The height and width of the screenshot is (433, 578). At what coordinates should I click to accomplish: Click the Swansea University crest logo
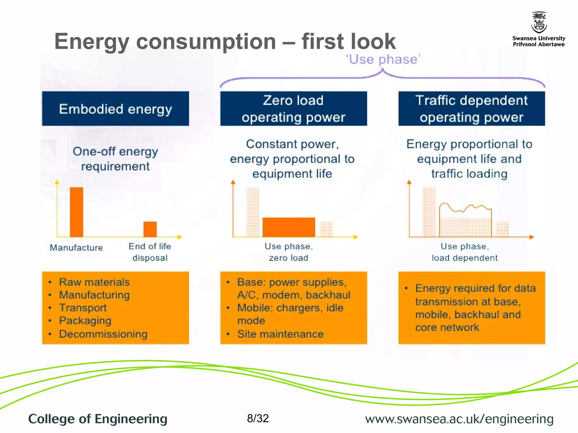[x=539, y=23]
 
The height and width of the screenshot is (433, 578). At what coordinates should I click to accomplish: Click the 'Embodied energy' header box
[x=115, y=109]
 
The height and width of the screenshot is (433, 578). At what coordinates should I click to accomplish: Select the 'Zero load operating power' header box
[x=294, y=109]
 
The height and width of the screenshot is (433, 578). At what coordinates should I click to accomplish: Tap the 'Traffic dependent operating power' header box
[x=471, y=109]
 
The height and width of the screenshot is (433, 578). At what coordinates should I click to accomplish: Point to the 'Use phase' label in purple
[x=383, y=59]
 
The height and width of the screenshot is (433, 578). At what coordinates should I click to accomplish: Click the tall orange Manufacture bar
[x=76, y=212]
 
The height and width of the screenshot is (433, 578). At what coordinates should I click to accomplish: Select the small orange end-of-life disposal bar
[x=150, y=229]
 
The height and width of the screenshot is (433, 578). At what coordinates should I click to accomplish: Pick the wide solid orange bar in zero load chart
[x=289, y=227]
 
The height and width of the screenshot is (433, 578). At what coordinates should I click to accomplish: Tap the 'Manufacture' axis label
[x=76, y=248]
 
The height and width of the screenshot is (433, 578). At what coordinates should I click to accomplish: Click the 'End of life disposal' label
[x=150, y=252]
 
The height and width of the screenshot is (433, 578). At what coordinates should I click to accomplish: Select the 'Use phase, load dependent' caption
[x=465, y=252]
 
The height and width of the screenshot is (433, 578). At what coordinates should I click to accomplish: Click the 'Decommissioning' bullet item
[x=103, y=334]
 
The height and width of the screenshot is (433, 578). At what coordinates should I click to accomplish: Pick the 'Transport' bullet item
[x=83, y=308]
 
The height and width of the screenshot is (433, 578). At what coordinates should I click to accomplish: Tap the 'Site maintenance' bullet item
[x=280, y=334]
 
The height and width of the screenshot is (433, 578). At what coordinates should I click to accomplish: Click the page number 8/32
[x=258, y=418]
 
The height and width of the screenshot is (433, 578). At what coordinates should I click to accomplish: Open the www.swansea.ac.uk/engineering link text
[x=459, y=419]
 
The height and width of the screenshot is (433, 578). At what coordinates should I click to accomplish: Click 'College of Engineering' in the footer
[x=98, y=419]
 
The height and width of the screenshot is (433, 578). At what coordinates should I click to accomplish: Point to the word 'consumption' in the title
[x=206, y=41]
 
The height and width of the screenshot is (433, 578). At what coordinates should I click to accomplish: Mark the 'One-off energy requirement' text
[x=115, y=159]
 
